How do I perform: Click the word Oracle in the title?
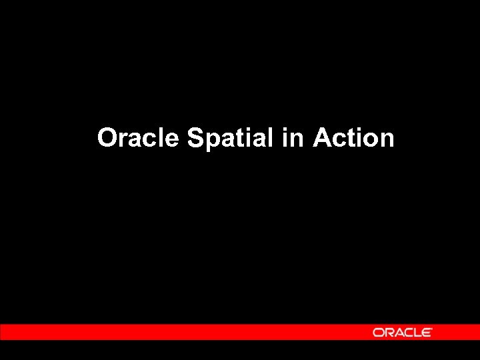(138, 138)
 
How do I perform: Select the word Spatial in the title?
(230, 138)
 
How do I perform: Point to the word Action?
(353, 138)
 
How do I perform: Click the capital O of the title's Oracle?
(107, 138)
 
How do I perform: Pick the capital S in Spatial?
(195, 138)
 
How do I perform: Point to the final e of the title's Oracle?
(173, 140)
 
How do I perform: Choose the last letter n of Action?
(387, 140)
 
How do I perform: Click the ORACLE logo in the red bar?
(402, 332)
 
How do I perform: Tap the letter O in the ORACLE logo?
(378, 332)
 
